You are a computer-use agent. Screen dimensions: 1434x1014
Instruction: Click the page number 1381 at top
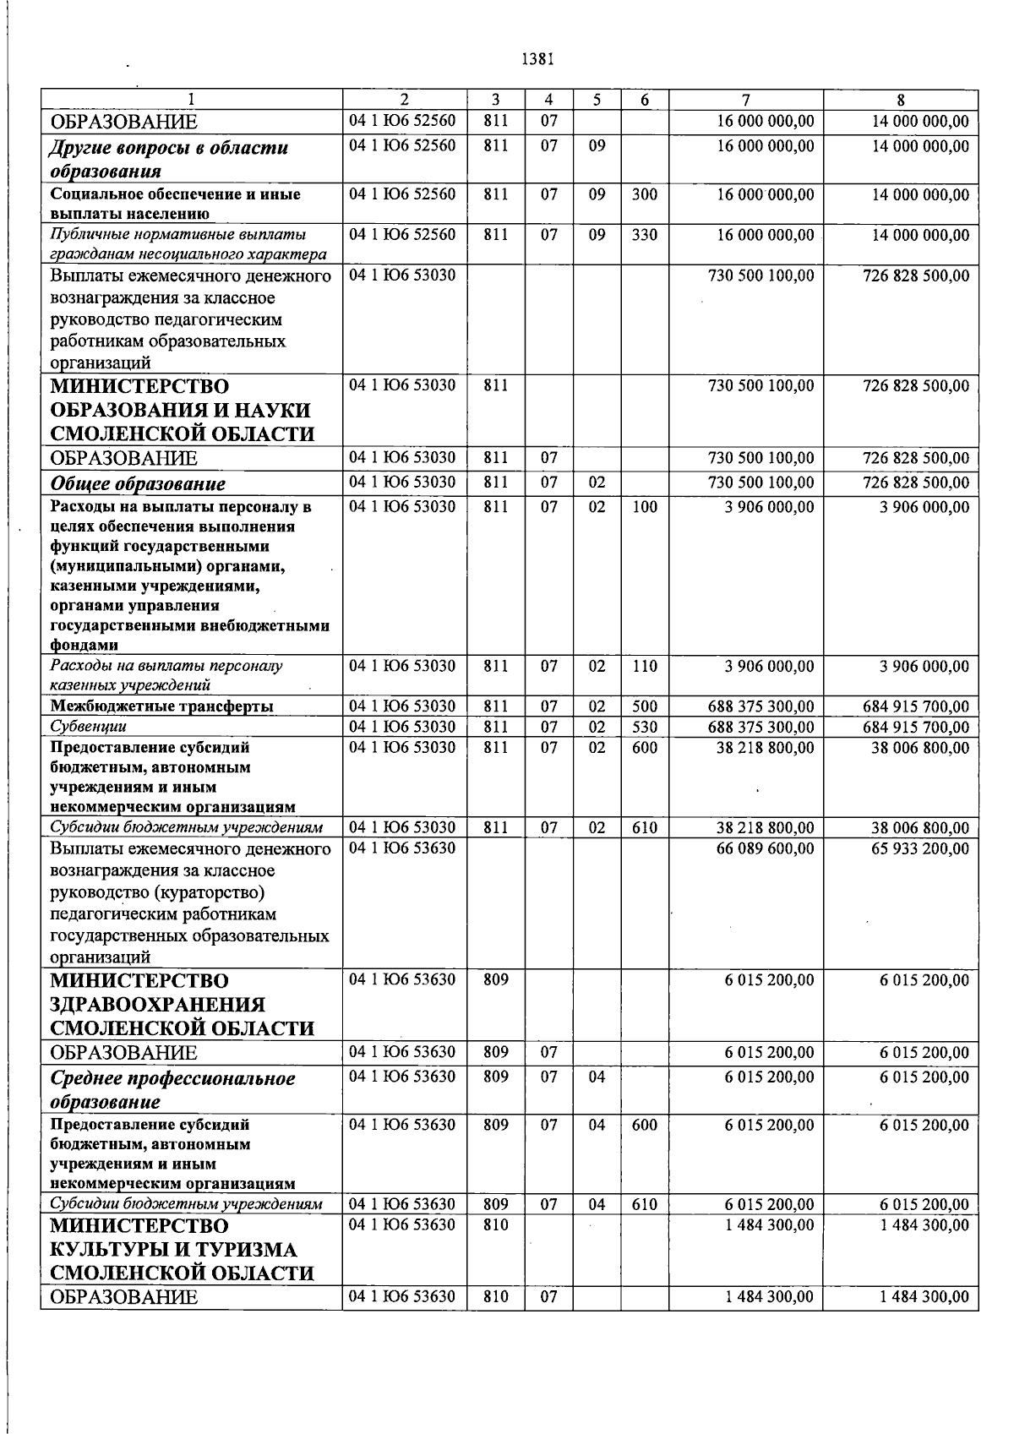(x=537, y=59)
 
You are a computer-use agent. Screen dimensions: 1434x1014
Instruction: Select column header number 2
(x=404, y=100)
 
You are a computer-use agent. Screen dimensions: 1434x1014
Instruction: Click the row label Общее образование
(x=138, y=484)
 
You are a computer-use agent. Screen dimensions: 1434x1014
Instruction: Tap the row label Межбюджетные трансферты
(x=161, y=706)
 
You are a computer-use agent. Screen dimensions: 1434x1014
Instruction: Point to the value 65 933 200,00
(x=920, y=848)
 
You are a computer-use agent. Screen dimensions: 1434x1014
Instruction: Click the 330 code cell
(x=644, y=235)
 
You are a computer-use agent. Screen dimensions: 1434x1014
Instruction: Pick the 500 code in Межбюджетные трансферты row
(x=644, y=706)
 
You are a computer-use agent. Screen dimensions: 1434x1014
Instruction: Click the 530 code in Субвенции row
(x=644, y=727)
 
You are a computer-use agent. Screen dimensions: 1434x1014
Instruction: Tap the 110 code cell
(x=644, y=666)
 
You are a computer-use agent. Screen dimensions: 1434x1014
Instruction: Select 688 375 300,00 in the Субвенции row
(x=761, y=727)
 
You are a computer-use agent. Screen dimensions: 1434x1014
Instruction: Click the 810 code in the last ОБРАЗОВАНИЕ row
(x=495, y=1297)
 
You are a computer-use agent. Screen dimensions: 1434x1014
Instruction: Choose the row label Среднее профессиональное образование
(x=172, y=1090)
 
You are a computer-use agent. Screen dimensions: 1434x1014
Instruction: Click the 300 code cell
(x=644, y=194)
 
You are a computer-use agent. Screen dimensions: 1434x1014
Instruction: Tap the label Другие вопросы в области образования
(x=169, y=160)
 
